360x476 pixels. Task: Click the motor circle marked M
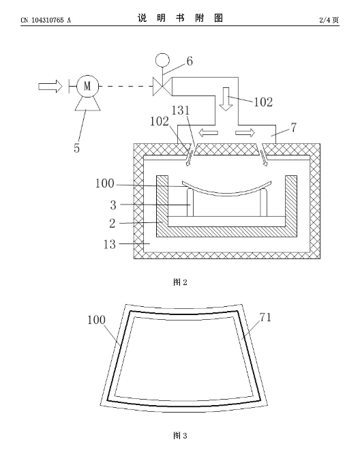[87, 87]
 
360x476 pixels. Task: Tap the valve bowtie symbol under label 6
[162, 87]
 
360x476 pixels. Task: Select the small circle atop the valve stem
[162, 60]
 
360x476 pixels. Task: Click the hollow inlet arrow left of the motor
[50, 87]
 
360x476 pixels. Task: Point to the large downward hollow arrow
[226, 100]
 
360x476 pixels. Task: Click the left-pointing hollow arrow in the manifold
[208, 133]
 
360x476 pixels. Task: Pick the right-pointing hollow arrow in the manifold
[245, 133]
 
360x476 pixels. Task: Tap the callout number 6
[190, 61]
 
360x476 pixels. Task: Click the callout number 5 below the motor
[77, 148]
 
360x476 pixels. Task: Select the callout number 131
[181, 110]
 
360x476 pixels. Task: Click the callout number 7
[294, 128]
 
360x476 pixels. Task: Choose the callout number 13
[110, 244]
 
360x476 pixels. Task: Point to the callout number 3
[113, 205]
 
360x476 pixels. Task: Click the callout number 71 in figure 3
[265, 318]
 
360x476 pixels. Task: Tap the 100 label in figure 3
[96, 320]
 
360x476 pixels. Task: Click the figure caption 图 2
[180, 282]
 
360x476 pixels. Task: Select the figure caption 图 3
[180, 436]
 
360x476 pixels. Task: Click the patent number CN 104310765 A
[46, 20]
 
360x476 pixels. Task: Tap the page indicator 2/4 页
[329, 20]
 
